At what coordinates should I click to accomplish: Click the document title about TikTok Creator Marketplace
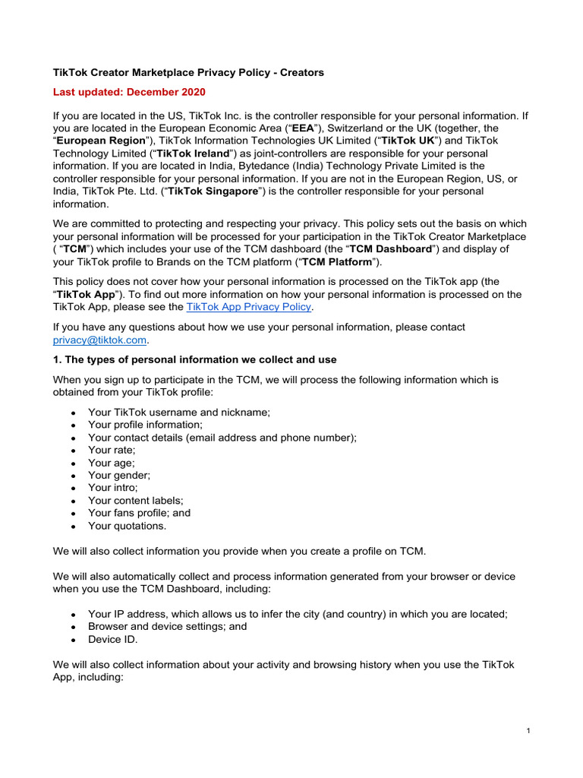point(188,73)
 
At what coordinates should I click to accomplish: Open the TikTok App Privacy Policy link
point(248,307)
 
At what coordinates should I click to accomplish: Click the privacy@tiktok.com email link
point(99,340)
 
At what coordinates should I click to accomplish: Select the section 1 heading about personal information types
point(194,359)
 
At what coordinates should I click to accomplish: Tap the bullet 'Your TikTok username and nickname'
point(179,412)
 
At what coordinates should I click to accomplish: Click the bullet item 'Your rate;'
point(112,450)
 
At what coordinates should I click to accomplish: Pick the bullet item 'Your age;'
point(112,462)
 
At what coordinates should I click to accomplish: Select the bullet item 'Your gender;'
point(119,475)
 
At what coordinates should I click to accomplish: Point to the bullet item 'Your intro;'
point(113,487)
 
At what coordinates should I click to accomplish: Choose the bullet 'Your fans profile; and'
point(139,513)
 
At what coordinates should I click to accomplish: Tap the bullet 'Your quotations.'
point(127,525)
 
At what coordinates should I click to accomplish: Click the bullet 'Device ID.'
point(112,639)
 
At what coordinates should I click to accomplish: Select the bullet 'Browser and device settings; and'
point(167,627)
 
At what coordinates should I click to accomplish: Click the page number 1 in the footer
point(527,731)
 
